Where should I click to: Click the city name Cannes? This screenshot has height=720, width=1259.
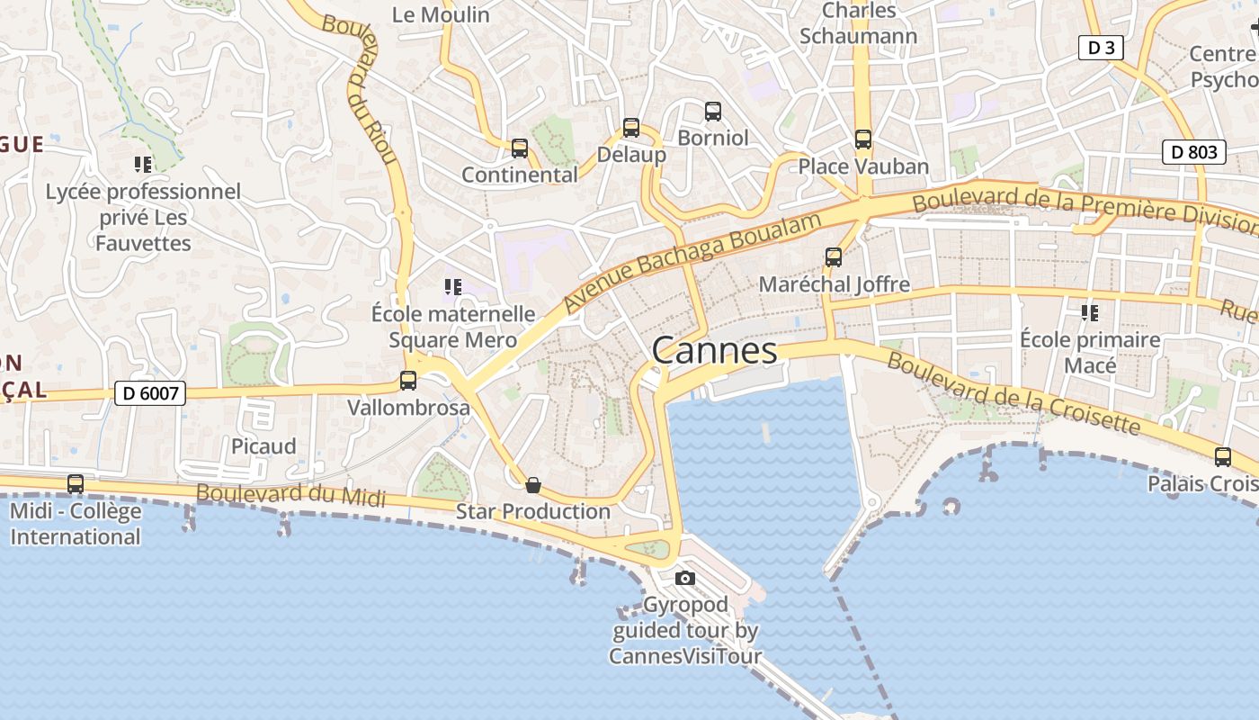pyautogui.click(x=714, y=350)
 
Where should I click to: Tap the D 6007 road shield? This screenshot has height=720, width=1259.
pyautogui.click(x=150, y=392)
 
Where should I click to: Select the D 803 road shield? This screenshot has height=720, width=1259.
pyautogui.click(x=1194, y=152)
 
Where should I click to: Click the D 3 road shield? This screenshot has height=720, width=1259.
pyautogui.click(x=1101, y=48)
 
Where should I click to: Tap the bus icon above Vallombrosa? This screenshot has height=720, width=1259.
pyautogui.click(x=408, y=381)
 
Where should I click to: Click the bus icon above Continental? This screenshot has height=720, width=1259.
pyautogui.click(x=519, y=148)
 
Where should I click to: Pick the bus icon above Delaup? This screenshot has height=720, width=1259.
pyautogui.click(x=631, y=128)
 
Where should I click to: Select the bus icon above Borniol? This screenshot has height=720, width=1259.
pyautogui.click(x=713, y=112)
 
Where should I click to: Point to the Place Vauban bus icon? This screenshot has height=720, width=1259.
pyautogui.click(x=863, y=139)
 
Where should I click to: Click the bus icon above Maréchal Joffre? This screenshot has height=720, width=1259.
pyautogui.click(x=834, y=257)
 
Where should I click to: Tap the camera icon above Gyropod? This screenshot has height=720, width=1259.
pyautogui.click(x=685, y=578)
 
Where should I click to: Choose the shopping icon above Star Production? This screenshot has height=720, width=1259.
pyautogui.click(x=533, y=485)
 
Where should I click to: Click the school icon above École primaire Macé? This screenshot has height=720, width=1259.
pyautogui.click(x=1090, y=313)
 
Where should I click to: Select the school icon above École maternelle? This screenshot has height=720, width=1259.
pyautogui.click(x=453, y=287)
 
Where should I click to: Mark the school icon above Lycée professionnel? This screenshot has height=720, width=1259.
pyautogui.click(x=143, y=164)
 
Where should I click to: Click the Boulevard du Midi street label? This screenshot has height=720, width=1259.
pyautogui.click(x=290, y=495)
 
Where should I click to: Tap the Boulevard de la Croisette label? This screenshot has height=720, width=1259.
pyautogui.click(x=1013, y=393)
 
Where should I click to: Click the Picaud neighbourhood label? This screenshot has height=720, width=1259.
pyautogui.click(x=263, y=446)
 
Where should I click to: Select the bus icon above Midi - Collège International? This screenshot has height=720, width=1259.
pyautogui.click(x=76, y=484)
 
